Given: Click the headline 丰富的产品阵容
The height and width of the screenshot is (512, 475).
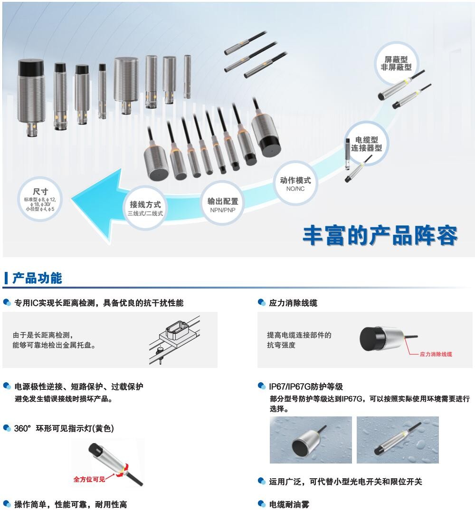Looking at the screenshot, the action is click(x=380, y=235).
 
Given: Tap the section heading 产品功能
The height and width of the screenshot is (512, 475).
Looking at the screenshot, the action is click(x=37, y=278).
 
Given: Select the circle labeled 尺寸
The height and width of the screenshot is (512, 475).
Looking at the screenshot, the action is click(x=40, y=199).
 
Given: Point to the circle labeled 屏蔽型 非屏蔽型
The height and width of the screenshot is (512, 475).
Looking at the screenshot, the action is click(x=396, y=63).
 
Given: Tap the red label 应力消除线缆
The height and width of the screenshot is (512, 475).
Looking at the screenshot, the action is click(x=436, y=354).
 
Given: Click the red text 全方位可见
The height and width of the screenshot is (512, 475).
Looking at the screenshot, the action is click(x=89, y=479).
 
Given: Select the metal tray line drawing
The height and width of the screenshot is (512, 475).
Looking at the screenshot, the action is click(x=175, y=340).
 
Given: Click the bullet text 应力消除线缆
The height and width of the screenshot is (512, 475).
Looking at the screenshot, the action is click(x=293, y=303).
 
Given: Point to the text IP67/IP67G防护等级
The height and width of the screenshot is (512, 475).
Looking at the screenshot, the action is click(x=306, y=386).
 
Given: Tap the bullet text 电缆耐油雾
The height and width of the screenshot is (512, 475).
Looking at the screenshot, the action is click(x=289, y=504).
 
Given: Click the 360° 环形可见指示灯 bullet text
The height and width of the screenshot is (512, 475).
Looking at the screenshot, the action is click(x=64, y=428).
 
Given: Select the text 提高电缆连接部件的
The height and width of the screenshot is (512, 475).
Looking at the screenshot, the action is click(x=299, y=335).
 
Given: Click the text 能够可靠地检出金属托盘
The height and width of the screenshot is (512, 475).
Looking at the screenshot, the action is click(x=54, y=345).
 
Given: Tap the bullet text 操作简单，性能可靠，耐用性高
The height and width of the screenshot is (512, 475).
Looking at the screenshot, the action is click(x=70, y=504).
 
